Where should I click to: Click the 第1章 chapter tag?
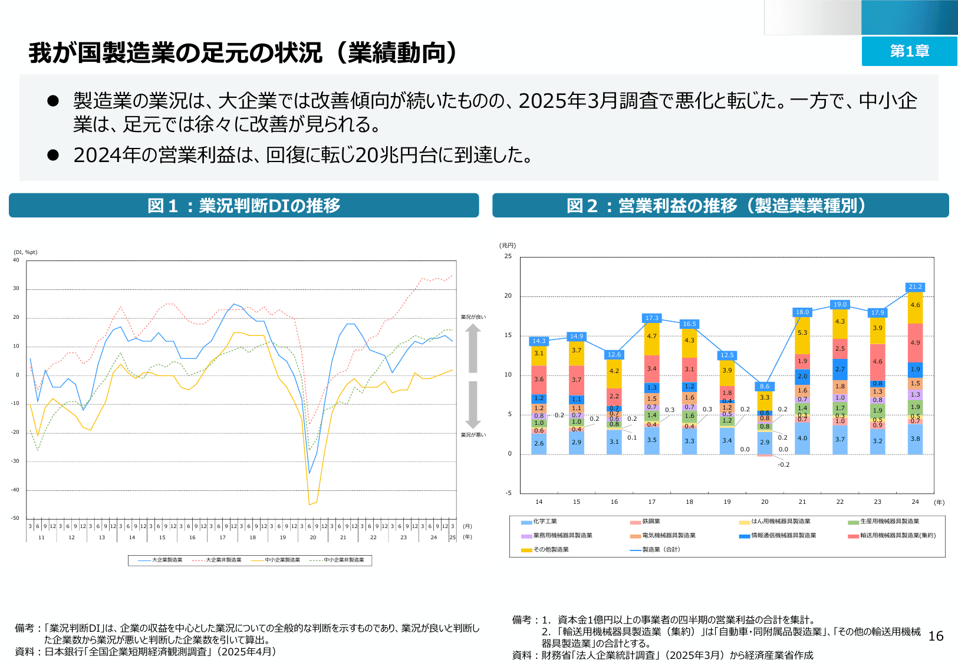909,51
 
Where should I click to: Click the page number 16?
936,636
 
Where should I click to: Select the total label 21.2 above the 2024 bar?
915,287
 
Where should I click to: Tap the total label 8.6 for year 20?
765,387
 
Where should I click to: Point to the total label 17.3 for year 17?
651,318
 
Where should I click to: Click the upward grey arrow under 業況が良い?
473,348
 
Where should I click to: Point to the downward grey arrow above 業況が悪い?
473,405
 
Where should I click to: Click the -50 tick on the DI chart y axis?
16,519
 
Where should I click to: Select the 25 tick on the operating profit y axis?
508,256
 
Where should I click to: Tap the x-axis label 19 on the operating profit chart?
727,502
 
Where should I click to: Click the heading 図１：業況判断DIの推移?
243,206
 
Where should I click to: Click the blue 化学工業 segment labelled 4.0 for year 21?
802,438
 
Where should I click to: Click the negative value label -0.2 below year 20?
783,465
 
